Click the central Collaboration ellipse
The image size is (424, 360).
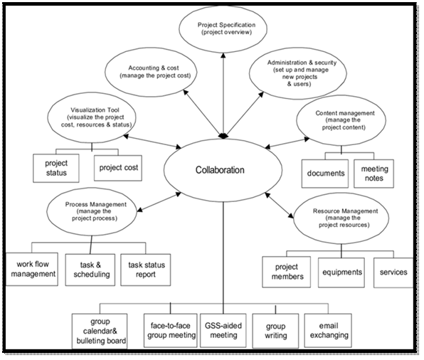coord(220,171)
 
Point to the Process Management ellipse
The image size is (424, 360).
coord(92,212)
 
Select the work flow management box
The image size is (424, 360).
coord(31,269)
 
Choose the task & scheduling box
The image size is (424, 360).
coord(86,269)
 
